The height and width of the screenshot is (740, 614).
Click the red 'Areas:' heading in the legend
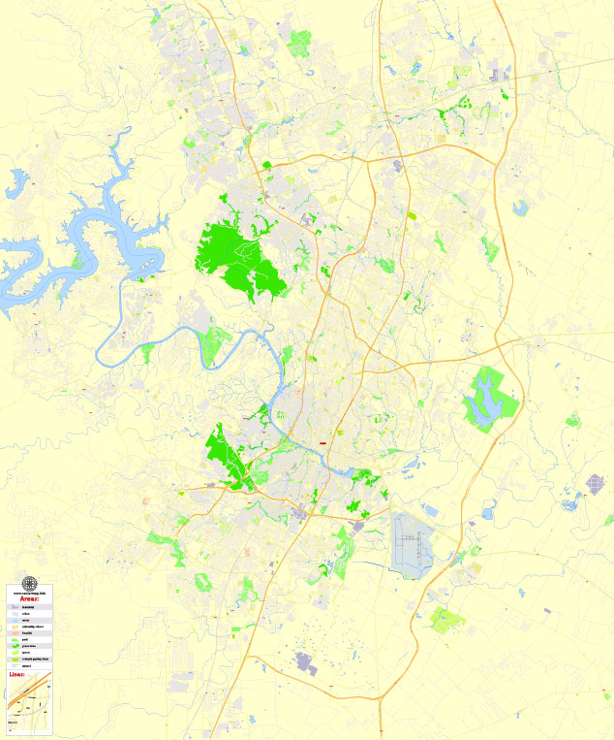29,601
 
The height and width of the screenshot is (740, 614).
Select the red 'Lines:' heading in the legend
16,673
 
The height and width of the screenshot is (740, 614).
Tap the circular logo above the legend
28,583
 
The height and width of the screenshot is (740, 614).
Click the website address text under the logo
28,594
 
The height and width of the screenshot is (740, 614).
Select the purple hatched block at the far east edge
595,483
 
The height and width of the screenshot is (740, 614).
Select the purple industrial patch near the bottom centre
306,664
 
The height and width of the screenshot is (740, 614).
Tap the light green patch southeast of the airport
447,619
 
